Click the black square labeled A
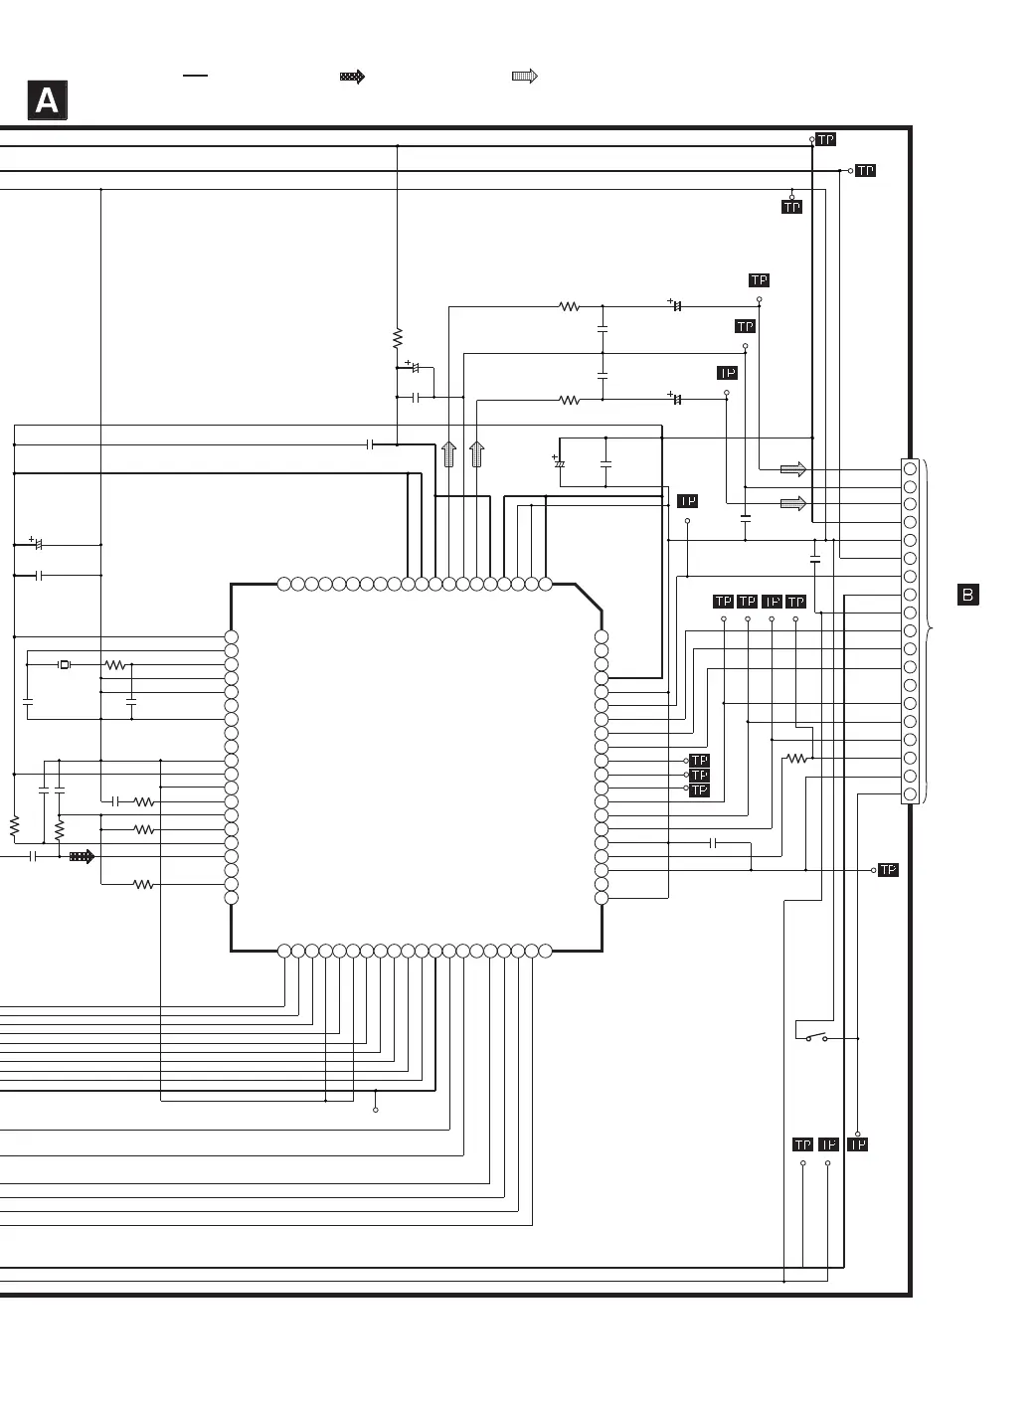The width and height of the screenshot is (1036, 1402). [48, 99]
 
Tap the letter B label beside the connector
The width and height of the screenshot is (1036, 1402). [967, 595]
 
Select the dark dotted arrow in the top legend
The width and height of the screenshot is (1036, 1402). [352, 77]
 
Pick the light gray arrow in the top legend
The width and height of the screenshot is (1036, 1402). [525, 76]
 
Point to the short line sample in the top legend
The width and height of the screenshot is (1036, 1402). [195, 76]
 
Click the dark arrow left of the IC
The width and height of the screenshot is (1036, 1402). [82, 856]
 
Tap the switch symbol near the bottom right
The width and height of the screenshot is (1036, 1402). [816, 1037]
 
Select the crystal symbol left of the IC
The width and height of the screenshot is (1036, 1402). [64, 664]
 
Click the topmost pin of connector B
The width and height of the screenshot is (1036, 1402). [910, 468]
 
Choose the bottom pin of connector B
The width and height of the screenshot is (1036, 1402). [910, 793]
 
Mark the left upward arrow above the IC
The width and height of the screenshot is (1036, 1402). [448, 453]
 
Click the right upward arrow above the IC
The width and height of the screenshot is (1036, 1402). [477, 453]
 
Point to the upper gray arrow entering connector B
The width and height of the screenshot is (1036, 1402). [793, 469]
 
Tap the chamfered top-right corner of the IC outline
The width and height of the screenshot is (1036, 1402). [589, 598]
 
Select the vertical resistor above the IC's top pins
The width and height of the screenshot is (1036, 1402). [397, 338]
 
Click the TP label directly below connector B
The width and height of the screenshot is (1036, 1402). [888, 870]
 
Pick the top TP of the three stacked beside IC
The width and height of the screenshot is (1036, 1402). [699, 760]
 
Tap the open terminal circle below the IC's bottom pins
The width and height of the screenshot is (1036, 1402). [376, 1110]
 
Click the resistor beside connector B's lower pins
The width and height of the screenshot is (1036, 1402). [796, 758]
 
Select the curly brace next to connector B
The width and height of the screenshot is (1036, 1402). [927, 629]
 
